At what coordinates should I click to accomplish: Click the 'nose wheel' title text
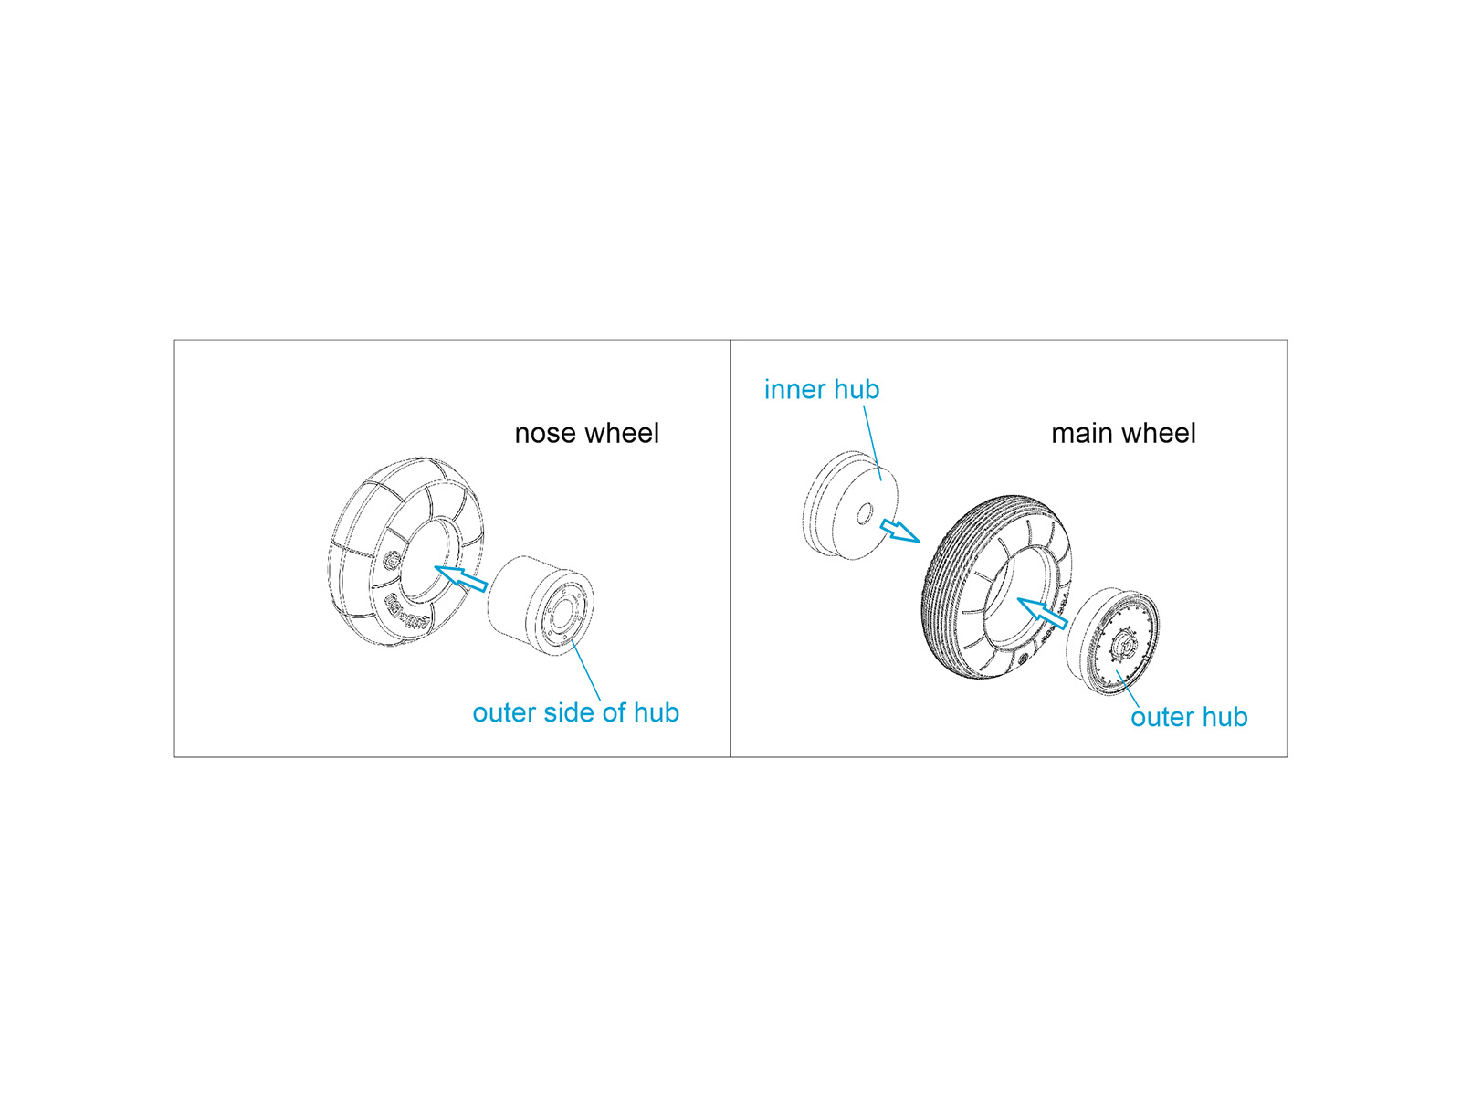586,433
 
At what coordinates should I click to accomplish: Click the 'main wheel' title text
1123,433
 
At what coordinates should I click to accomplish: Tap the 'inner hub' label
821,389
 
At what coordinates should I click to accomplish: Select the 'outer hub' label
1189,717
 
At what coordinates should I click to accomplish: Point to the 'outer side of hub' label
576,712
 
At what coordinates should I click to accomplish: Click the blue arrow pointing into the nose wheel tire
460,577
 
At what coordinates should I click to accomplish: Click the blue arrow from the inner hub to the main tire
900,531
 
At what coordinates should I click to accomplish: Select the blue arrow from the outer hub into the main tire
1043,612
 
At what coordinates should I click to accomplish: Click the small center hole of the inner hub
864,513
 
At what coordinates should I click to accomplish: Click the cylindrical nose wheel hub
541,606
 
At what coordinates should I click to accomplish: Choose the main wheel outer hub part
1111,641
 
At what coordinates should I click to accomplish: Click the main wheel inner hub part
850,505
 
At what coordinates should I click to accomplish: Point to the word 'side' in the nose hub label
569,712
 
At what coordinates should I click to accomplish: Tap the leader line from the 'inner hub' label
872,443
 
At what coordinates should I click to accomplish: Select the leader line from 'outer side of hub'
585,670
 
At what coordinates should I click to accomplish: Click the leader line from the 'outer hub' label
1128,689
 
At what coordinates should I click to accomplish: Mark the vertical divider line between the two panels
730,548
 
